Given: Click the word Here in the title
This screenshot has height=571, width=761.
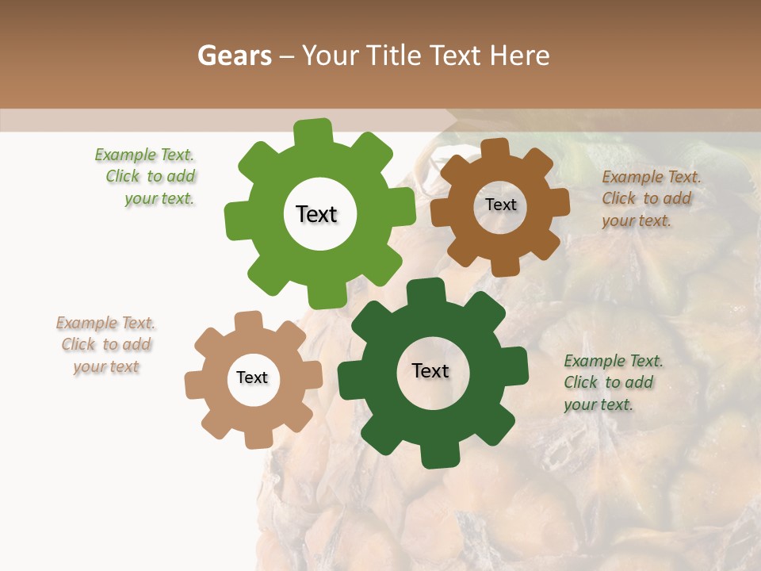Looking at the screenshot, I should [x=520, y=56].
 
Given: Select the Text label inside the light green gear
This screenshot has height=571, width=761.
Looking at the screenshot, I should [x=316, y=214].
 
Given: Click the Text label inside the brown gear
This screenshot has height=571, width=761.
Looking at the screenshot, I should [x=500, y=205].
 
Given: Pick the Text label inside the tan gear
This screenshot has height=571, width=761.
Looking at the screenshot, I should [x=252, y=377].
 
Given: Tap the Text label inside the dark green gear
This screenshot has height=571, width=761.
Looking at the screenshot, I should [x=430, y=370].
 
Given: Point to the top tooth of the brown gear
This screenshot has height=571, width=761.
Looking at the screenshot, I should [x=495, y=148].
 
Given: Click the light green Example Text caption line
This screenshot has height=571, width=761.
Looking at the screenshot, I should [x=144, y=155].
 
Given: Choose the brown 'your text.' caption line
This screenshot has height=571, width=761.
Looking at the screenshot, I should [x=637, y=221].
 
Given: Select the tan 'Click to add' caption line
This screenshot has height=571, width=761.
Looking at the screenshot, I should [x=106, y=345].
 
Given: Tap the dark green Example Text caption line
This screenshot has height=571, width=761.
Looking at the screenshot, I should [x=614, y=362].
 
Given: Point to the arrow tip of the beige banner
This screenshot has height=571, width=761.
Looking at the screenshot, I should [x=456, y=120].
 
